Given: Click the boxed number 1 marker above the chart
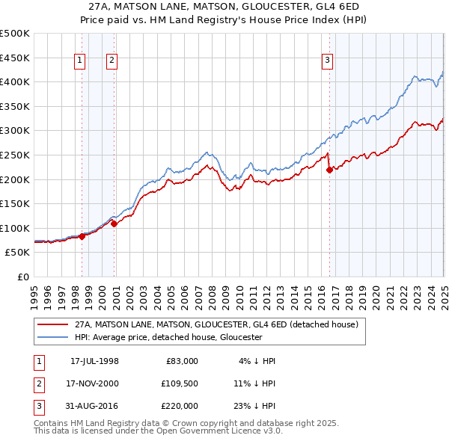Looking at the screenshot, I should click(79, 61).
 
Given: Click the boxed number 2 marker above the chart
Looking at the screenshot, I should click(112, 61).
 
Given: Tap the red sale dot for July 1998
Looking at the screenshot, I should click(82, 236).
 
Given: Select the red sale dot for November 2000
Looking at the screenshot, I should click(114, 223).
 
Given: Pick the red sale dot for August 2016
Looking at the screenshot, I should click(330, 170).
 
